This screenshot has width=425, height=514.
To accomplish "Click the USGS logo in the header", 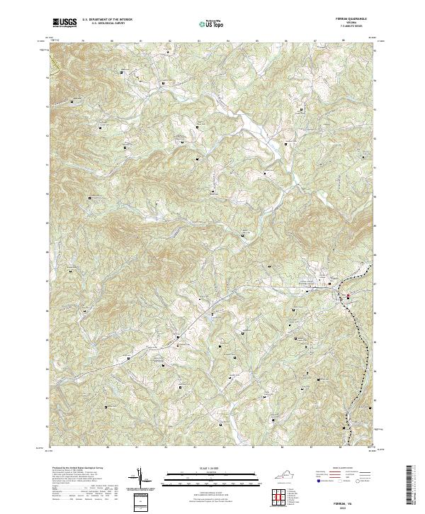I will click(x=64, y=23).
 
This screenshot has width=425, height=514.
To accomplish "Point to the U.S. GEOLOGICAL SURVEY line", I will click(x=107, y=24).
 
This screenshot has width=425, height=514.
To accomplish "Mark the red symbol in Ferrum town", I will click(x=348, y=297).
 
